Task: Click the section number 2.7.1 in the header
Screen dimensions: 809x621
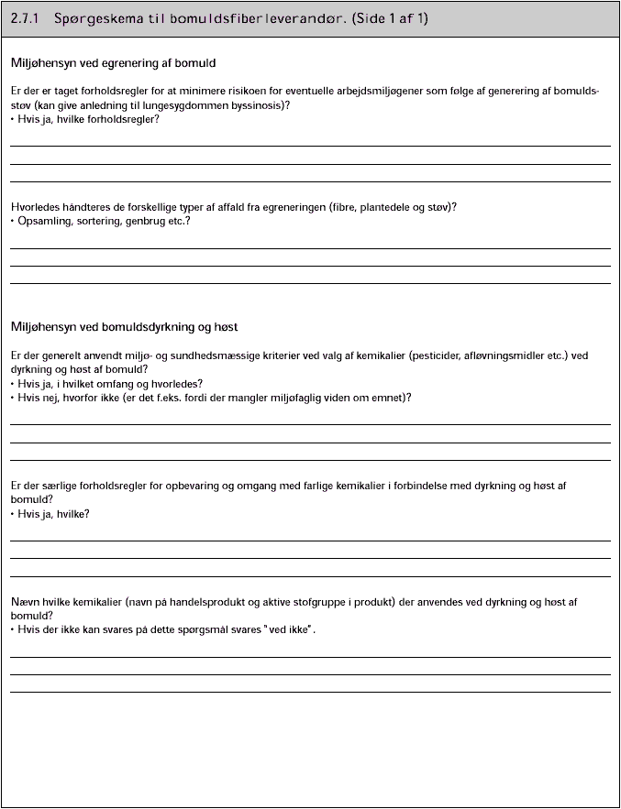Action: click(27, 18)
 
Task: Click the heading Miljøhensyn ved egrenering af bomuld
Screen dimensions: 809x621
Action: click(113, 63)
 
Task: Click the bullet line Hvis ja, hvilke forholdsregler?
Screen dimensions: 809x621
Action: click(88, 119)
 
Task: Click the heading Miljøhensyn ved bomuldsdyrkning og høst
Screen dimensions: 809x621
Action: click(125, 327)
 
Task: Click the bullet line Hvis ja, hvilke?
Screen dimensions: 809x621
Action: click(53, 514)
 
